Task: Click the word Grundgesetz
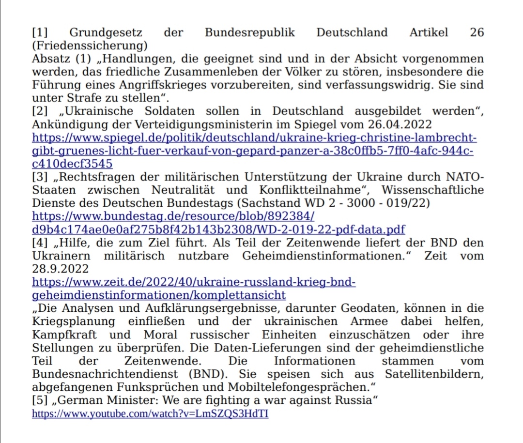[x=106, y=33]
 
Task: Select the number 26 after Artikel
[x=477, y=33]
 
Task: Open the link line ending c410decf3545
[x=72, y=164]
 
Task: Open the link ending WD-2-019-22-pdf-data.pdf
[x=218, y=229]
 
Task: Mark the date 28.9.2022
[x=61, y=268]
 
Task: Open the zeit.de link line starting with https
[x=194, y=281]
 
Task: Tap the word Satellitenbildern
[x=434, y=374]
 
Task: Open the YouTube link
[x=150, y=414]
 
